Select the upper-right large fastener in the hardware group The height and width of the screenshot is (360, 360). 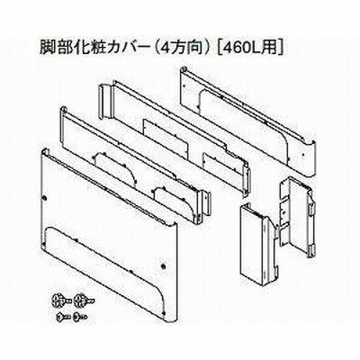point(84,300)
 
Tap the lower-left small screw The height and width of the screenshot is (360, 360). point(64,316)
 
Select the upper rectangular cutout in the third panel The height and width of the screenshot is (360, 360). point(166,139)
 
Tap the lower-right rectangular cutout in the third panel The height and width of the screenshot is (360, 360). point(219,169)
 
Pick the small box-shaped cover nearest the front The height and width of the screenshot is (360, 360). point(258,241)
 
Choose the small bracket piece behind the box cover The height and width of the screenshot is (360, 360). point(296,215)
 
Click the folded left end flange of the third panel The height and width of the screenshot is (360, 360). point(105,102)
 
